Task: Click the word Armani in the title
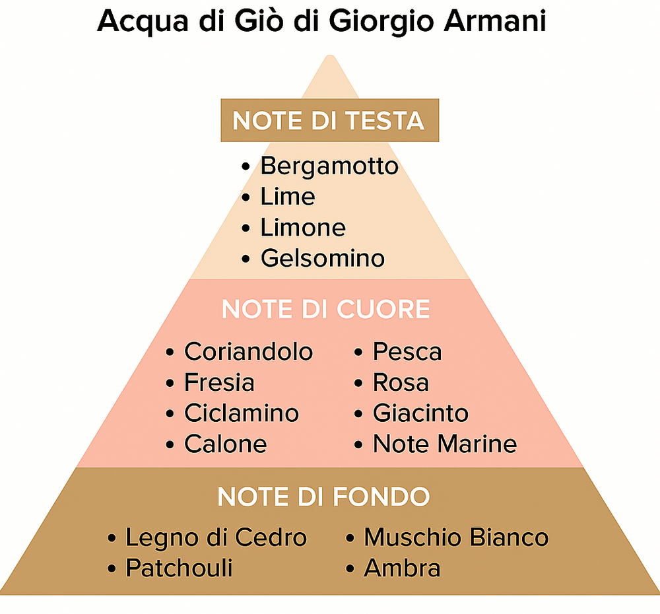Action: click(494, 20)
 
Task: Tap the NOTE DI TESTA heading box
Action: click(329, 120)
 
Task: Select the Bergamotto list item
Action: click(329, 166)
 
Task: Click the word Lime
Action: click(288, 197)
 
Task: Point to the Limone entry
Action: click(303, 228)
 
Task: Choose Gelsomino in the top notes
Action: click(323, 258)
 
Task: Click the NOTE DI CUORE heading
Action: click(325, 310)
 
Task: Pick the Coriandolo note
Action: click(248, 352)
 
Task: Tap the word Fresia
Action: click(219, 382)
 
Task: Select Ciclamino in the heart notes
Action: click(242, 413)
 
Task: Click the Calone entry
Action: click(226, 444)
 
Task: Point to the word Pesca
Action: click(407, 352)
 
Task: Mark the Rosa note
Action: click(401, 382)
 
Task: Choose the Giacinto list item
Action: click(420, 413)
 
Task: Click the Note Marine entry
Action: click(445, 444)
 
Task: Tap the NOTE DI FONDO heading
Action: click(323, 496)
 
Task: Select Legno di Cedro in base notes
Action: click(216, 537)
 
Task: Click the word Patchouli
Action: click(179, 568)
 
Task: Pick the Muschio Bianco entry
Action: click(456, 537)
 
